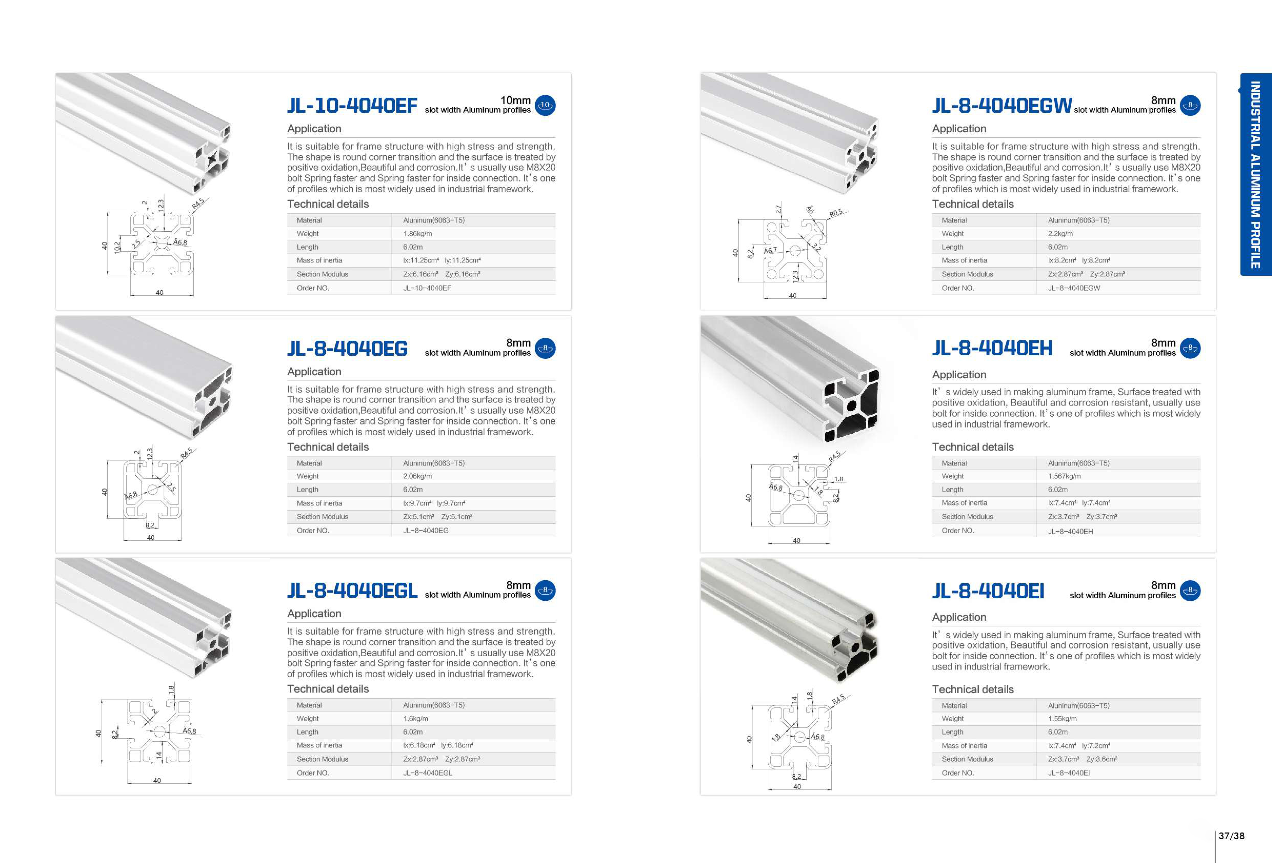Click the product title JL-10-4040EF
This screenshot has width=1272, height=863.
pos(352,106)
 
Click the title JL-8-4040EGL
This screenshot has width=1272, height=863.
pos(352,591)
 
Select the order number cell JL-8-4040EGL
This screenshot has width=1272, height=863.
pos(427,773)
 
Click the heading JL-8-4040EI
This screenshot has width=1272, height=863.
pos(988,591)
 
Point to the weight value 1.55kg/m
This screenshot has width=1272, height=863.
pos(1062,718)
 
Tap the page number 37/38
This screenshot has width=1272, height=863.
pos(1231,836)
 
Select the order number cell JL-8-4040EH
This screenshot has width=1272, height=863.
pos(1070,531)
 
